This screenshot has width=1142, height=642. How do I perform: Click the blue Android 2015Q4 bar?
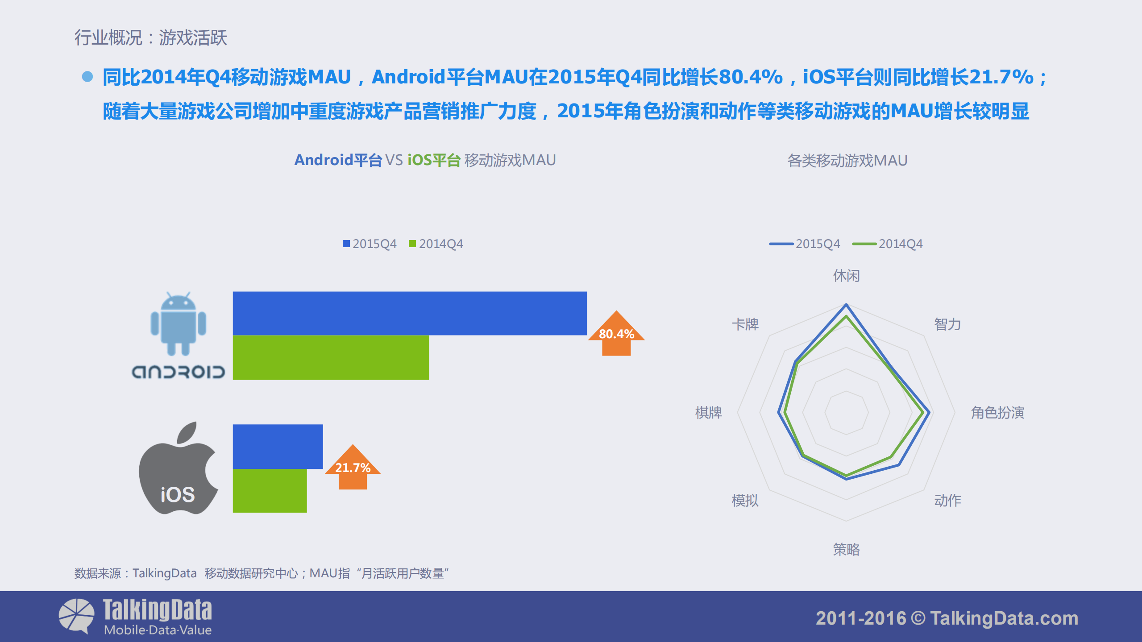pyautogui.click(x=410, y=313)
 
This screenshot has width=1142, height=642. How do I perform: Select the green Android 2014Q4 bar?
pyautogui.click(x=331, y=357)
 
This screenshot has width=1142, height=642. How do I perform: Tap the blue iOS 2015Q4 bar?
pyautogui.click(x=278, y=446)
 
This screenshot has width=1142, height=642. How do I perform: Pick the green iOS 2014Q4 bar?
pyautogui.click(x=270, y=490)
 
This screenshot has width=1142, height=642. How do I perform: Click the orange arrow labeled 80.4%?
pyautogui.click(x=616, y=333)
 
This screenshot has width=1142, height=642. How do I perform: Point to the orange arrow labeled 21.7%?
pyautogui.click(x=353, y=467)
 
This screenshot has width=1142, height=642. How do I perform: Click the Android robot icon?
pyautogui.click(x=178, y=324)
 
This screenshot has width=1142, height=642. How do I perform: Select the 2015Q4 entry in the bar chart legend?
pyautogui.click(x=370, y=244)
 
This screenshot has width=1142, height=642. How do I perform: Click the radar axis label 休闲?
pyautogui.click(x=846, y=276)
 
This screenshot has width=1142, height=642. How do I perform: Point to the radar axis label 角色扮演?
pyautogui.click(x=997, y=413)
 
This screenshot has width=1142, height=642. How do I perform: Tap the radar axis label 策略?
pyautogui.click(x=846, y=549)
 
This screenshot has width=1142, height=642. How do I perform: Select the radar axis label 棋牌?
pyautogui.click(x=708, y=413)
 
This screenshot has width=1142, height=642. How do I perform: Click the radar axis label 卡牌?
pyautogui.click(x=745, y=324)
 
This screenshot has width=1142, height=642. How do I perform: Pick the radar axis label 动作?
pyautogui.click(x=947, y=500)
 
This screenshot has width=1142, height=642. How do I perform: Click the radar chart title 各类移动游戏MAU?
pyautogui.click(x=847, y=160)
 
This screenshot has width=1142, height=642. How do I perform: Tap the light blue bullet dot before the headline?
pyautogui.click(x=87, y=77)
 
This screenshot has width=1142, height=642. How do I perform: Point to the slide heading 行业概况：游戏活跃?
pyautogui.click(x=150, y=37)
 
